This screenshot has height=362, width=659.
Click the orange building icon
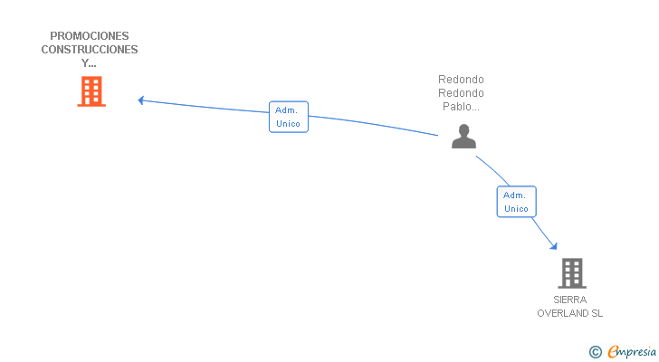point(91,91)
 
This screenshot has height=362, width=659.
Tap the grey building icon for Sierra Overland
point(571,272)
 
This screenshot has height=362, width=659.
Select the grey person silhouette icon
point(463,137)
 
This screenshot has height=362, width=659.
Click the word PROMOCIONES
point(90,36)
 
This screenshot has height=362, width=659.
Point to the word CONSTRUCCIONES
point(90,50)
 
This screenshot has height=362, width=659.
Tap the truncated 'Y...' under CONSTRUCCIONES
point(89,63)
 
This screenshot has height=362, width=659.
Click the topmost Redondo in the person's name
point(461,79)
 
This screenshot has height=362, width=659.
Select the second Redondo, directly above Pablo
point(461,92)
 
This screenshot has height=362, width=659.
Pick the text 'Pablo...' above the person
point(461,106)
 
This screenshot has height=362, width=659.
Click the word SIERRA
point(570,300)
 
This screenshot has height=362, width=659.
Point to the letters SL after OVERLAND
point(597,313)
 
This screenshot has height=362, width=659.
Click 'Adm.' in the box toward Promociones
point(288,110)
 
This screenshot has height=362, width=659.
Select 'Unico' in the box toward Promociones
point(288,123)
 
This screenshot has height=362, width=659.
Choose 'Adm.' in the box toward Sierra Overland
point(515,195)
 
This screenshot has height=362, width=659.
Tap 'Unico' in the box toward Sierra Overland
point(516,208)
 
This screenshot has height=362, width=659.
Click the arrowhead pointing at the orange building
point(141,100)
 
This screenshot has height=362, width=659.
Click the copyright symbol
point(595,352)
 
